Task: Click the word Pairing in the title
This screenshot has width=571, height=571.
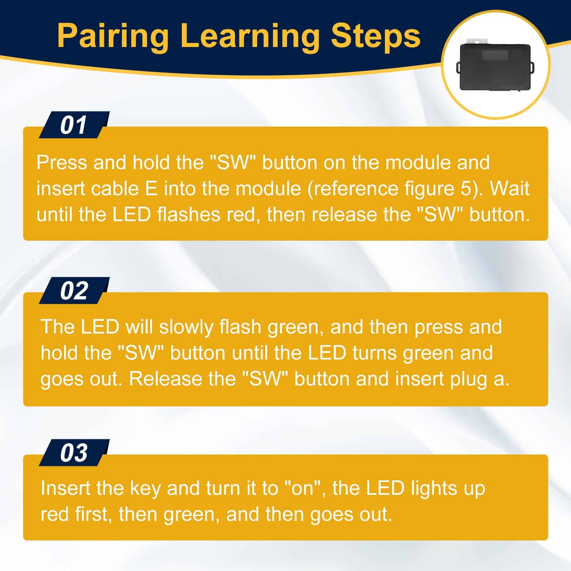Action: point(113,36)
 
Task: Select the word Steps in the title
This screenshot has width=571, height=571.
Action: point(376,36)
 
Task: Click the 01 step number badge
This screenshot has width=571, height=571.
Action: point(74,125)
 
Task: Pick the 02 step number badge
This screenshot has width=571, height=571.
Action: point(74,291)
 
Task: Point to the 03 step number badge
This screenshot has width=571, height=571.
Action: point(74,453)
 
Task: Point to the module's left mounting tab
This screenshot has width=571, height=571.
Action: point(458,66)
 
